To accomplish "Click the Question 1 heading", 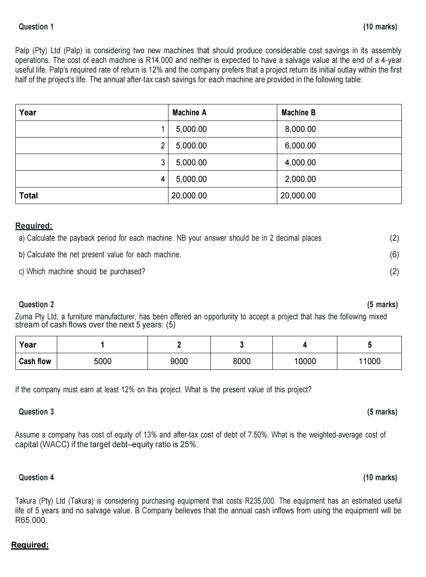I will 36,27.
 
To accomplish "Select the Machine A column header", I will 189,112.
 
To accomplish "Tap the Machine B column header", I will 298,112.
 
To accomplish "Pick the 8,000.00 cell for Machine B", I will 300,129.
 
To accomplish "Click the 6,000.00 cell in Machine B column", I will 300,146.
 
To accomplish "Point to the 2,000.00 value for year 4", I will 300,179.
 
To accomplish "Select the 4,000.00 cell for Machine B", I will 300,162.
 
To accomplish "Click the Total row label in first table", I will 29,196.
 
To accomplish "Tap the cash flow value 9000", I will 179,361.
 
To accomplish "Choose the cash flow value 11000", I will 369,361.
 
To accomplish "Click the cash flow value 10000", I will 305,361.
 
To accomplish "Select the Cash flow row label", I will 35,361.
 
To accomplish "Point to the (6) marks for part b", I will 394,254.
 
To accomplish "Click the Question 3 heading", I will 36,412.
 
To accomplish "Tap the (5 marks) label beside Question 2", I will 382,304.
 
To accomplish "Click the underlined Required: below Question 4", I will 30,545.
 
